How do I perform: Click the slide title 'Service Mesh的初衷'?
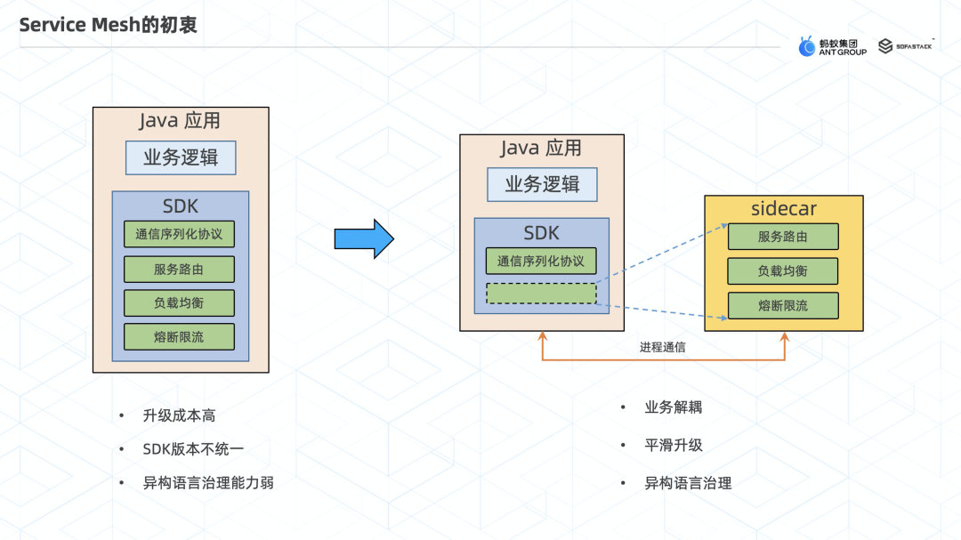click(109, 26)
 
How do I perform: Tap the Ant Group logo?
click(831, 46)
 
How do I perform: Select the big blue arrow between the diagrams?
click(363, 238)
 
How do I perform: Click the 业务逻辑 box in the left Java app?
click(181, 158)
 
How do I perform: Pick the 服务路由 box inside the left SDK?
click(180, 269)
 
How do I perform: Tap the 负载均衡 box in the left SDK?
click(180, 302)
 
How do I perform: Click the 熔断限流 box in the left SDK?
click(180, 336)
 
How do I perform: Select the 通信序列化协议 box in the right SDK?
click(541, 261)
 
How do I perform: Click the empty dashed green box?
click(541, 294)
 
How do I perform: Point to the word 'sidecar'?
click(784, 209)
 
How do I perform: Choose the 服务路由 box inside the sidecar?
click(783, 237)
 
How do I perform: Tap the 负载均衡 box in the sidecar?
click(783, 270)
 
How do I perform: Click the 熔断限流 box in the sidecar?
click(783, 305)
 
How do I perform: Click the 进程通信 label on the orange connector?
click(663, 347)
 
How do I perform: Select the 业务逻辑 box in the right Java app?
click(542, 184)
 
